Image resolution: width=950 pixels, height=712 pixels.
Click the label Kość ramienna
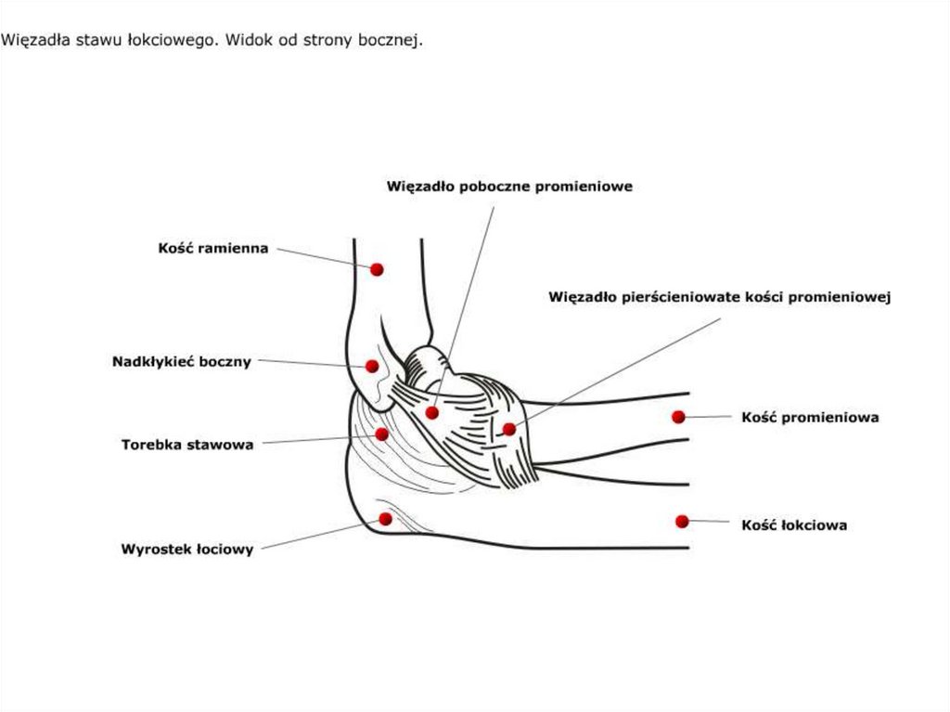[x=213, y=248]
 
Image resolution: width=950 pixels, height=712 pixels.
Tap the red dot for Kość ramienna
[x=377, y=269]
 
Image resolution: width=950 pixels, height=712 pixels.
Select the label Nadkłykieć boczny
[x=182, y=362]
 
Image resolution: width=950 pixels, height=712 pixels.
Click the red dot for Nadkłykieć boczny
[x=372, y=367]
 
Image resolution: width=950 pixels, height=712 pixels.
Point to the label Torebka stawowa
[x=187, y=445]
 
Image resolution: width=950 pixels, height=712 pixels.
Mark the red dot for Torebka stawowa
[x=381, y=434]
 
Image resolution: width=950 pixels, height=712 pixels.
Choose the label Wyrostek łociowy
[x=187, y=550]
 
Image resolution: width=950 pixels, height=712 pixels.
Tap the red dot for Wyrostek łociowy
[x=385, y=519]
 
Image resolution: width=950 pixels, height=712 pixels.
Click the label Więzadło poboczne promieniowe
[x=509, y=187]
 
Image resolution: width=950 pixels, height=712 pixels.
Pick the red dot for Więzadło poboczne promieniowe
[x=432, y=413]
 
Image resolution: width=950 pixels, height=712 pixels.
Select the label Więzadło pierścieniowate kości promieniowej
[x=720, y=297]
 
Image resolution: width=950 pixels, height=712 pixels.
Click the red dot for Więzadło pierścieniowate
[x=509, y=430]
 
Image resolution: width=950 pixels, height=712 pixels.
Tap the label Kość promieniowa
[x=810, y=417]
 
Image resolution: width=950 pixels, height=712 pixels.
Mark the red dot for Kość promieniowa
[x=678, y=417]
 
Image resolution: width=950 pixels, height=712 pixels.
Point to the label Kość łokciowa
[x=794, y=524]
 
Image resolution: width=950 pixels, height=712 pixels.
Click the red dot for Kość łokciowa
[x=682, y=522]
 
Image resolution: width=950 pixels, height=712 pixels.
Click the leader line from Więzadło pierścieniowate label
[x=618, y=371]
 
